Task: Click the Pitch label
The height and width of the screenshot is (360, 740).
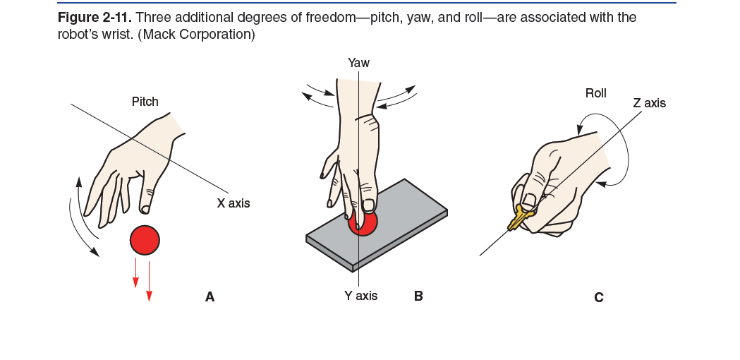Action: point(145,102)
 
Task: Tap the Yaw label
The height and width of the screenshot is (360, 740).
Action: point(358,63)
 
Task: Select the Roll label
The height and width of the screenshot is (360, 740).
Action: point(595,93)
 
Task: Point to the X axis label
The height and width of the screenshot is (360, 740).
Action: point(233,203)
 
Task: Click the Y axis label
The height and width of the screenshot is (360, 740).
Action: point(360,296)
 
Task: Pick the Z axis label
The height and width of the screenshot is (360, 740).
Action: point(650,103)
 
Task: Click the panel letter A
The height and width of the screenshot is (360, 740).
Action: point(210,297)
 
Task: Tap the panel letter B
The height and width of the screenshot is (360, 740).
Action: point(418,296)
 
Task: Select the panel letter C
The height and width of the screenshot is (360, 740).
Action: point(598,297)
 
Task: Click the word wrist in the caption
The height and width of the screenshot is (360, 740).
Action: point(112,34)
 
